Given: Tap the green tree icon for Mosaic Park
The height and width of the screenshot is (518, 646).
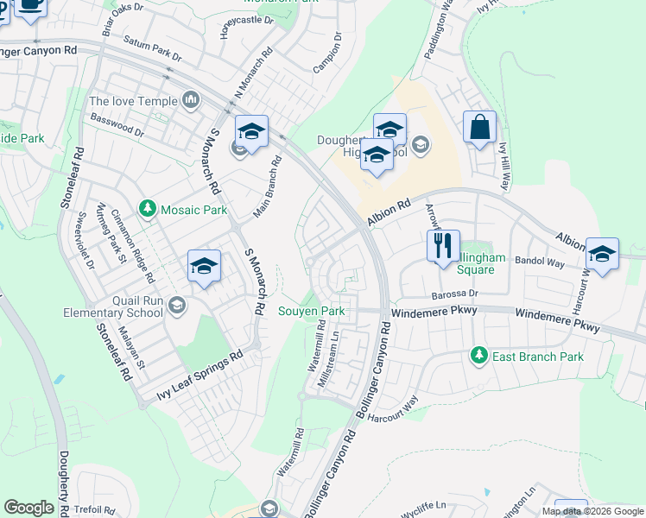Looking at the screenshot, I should pyautogui.click(x=148, y=209).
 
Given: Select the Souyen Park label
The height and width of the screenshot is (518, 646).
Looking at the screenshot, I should pyautogui.click(x=311, y=311).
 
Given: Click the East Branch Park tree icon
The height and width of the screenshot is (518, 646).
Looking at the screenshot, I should pyautogui.click(x=478, y=355).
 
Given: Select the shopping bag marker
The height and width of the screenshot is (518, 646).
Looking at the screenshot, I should pyautogui.click(x=479, y=127).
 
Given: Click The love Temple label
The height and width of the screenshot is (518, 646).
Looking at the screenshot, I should pyautogui.click(x=132, y=101).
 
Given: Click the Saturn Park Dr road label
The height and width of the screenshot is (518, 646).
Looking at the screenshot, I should pyautogui.click(x=152, y=48).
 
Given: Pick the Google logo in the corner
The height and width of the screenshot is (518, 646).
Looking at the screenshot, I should pyautogui.click(x=28, y=508).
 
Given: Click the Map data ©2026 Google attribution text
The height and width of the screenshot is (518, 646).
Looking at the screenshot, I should pyautogui.click(x=592, y=511).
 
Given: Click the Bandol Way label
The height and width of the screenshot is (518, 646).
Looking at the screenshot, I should pyautogui.click(x=539, y=260).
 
